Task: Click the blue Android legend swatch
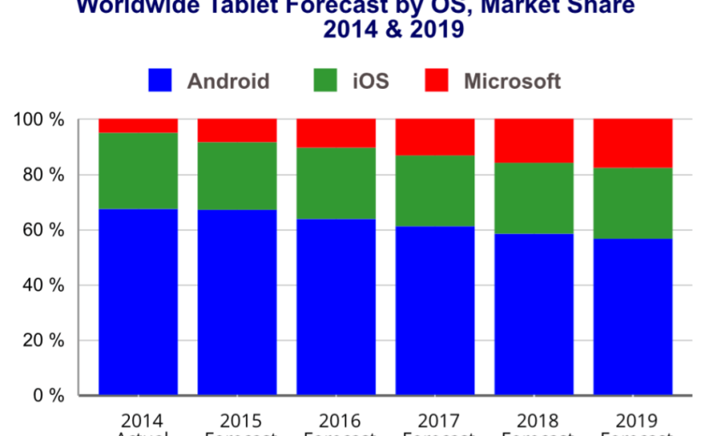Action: coord(161,81)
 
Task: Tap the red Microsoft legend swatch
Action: coord(437,81)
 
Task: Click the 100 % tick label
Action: coord(38,120)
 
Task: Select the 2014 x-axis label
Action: coord(139,421)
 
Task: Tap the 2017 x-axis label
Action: coord(436,421)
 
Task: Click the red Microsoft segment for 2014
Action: coord(138,126)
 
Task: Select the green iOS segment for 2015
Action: coord(237,175)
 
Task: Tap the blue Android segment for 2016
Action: coord(336,308)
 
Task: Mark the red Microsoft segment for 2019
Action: coord(633,143)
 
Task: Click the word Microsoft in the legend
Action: coord(512,82)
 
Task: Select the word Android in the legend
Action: coord(228,82)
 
